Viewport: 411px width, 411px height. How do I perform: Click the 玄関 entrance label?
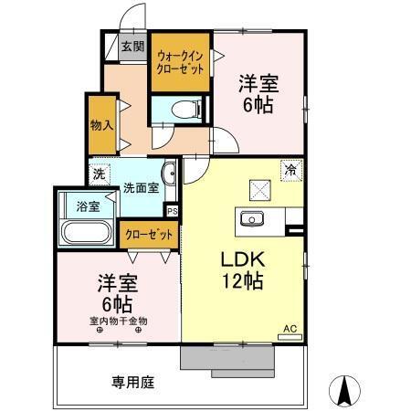click(132, 47)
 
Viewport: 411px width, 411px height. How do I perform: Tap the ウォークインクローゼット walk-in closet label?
click(182, 62)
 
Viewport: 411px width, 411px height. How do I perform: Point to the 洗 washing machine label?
click(99, 173)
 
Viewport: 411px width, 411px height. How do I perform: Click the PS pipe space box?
click(172, 209)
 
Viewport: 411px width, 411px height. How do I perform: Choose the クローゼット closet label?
click(149, 234)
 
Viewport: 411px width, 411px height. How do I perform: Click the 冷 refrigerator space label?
click(290, 170)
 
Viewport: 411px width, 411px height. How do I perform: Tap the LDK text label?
click(241, 259)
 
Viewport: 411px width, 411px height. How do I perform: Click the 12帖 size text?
click(241, 282)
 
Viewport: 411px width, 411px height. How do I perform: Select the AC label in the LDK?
click(290, 329)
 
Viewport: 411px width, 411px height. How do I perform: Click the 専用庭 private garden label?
click(132, 382)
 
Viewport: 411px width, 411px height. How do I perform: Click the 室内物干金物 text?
click(118, 321)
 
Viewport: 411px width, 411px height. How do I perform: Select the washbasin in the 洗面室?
click(169, 174)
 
